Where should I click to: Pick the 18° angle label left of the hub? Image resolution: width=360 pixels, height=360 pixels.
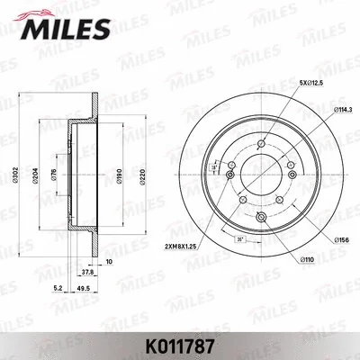213,166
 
